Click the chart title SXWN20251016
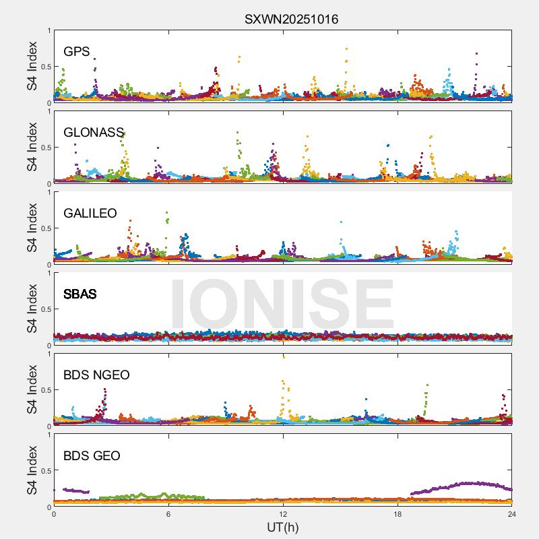coord(291,19)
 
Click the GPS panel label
coord(77,52)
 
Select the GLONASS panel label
coord(94,133)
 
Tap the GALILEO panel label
coord(90,214)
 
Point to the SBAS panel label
coord(80,294)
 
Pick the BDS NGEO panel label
coord(96,375)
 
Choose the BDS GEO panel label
coord(92,456)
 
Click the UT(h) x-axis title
coord(283,527)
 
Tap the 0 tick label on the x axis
coord(54,513)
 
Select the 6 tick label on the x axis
coord(168,513)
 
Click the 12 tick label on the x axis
coord(283,513)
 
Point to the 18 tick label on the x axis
coord(398,513)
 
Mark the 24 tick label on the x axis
coord(512,513)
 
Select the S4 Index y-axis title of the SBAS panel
coord(32,309)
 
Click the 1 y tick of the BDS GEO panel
coord(49,435)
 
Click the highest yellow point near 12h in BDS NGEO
coord(284,357)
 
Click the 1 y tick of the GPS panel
coord(49,30)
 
